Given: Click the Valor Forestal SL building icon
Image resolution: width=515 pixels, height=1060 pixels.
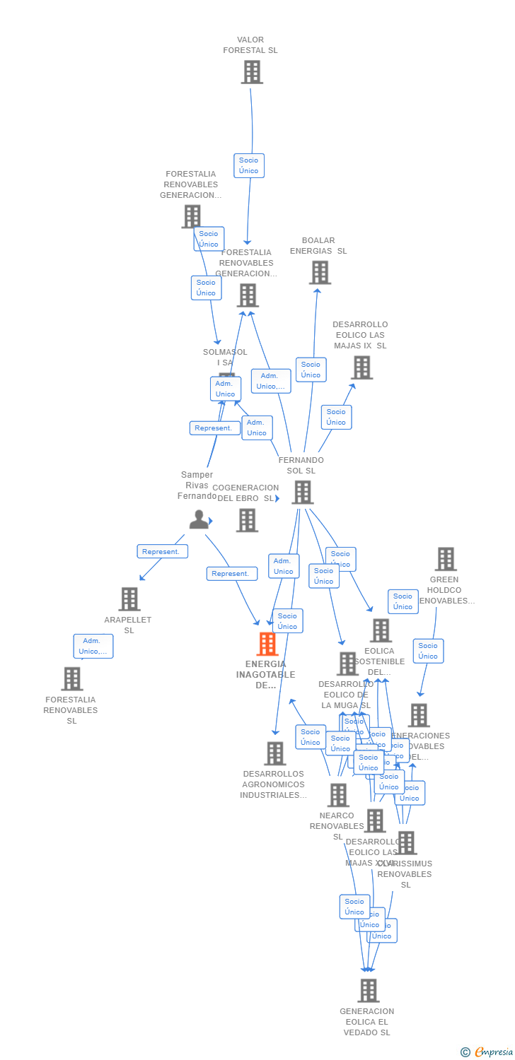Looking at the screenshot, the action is tap(252, 72).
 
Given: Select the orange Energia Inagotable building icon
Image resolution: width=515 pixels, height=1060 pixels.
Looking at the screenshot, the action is tap(267, 644).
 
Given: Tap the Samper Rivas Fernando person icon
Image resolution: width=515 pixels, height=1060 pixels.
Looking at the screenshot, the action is tap(199, 519).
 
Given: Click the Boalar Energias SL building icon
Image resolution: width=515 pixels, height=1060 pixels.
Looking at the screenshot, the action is tap(320, 272).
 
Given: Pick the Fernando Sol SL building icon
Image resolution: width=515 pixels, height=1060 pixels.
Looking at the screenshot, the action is tap(302, 492).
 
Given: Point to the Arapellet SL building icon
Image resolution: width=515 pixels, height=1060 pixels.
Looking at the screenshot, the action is tap(129, 599).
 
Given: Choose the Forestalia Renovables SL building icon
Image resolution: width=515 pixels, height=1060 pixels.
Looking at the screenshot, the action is tap(71, 678).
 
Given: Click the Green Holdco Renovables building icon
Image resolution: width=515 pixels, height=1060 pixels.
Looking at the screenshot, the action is tap(445, 559).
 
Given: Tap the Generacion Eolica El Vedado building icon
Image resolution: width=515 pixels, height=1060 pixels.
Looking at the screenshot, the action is tap(368, 991).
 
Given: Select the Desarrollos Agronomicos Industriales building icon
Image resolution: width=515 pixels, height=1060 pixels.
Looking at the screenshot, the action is tap(274, 753).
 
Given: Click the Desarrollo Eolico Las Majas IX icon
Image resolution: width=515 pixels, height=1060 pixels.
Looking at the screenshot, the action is tap(361, 367).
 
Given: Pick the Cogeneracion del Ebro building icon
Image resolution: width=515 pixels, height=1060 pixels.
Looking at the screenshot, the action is tap(247, 520).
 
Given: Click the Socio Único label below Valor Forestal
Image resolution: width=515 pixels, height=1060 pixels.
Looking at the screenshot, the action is tap(249, 165).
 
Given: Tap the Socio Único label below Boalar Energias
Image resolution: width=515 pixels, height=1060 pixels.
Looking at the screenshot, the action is tap(311, 370).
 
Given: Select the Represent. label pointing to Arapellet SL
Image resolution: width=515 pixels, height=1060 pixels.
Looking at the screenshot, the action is tap(162, 551).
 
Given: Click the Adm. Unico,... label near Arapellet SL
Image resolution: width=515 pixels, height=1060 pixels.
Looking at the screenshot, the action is tap(93, 646).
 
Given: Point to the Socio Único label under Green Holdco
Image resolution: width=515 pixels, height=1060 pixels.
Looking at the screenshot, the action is tap(428, 651).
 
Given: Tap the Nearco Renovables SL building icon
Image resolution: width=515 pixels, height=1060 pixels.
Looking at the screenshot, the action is tap(338, 795).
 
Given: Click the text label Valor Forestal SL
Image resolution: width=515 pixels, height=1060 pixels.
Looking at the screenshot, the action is tap(250, 45).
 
